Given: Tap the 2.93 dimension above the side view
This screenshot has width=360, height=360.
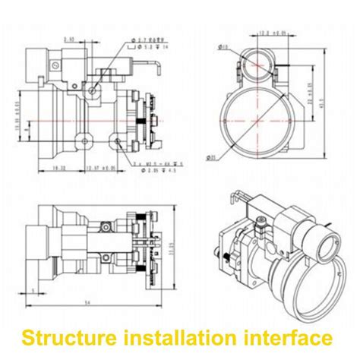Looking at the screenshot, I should (69, 38).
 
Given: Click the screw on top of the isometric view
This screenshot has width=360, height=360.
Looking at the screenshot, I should (259, 223).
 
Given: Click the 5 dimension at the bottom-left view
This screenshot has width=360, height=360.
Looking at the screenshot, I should (33, 288).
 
